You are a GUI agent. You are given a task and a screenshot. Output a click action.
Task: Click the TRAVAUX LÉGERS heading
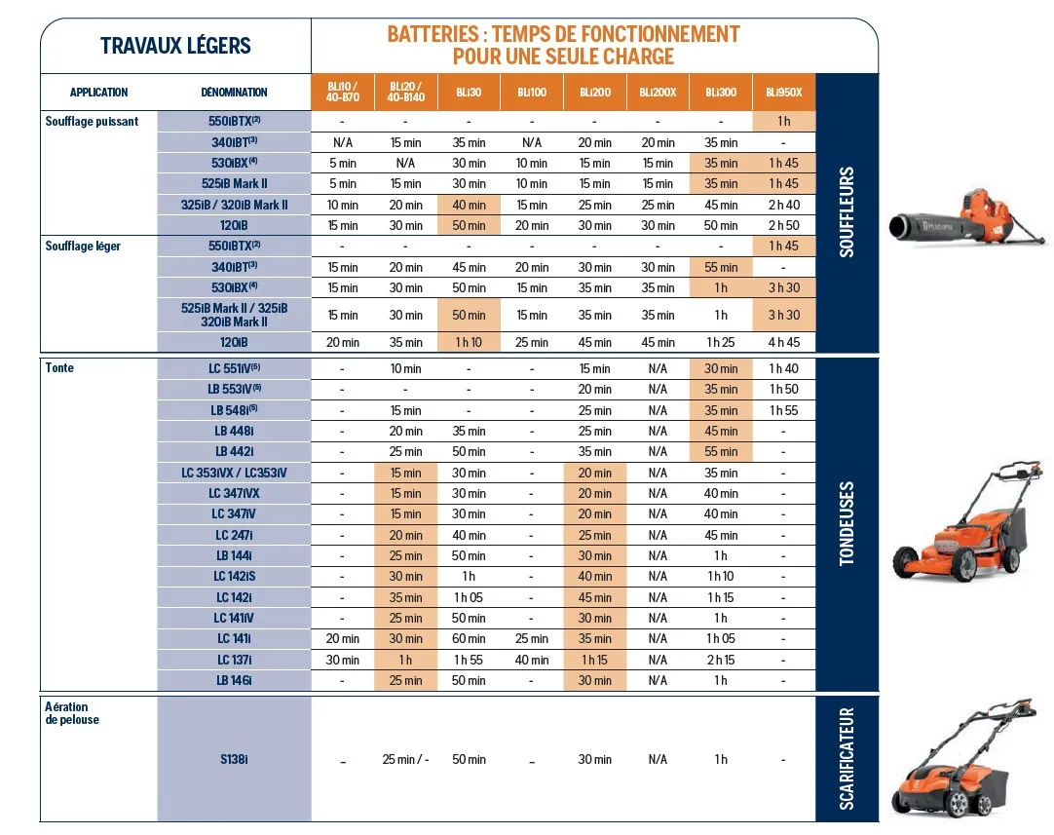[175, 46]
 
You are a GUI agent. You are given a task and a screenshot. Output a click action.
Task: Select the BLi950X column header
[783, 93]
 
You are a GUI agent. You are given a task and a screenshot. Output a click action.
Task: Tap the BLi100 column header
[531, 93]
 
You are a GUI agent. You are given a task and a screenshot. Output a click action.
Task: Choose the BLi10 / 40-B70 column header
[342, 93]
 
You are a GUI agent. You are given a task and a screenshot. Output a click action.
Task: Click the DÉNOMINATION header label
[234, 93]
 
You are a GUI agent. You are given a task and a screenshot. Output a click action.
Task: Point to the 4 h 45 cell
[783, 342]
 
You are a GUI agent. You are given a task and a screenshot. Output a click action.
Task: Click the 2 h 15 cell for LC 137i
[721, 660]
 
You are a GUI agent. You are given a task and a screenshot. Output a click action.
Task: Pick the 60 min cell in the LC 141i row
[469, 639]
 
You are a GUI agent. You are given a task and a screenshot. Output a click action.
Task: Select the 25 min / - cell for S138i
[405, 759]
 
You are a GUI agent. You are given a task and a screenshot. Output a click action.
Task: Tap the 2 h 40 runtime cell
[783, 205]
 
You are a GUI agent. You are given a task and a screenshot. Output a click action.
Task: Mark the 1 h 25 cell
[721, 342]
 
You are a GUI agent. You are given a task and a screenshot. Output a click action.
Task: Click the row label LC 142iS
[234, 577]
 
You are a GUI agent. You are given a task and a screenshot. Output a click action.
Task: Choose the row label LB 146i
[234, 680]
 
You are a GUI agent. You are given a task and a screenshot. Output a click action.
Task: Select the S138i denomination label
[234, 759]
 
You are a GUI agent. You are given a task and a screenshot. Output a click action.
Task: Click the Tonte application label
[59, 368]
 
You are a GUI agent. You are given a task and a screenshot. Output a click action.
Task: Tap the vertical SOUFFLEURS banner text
[847, 211]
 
